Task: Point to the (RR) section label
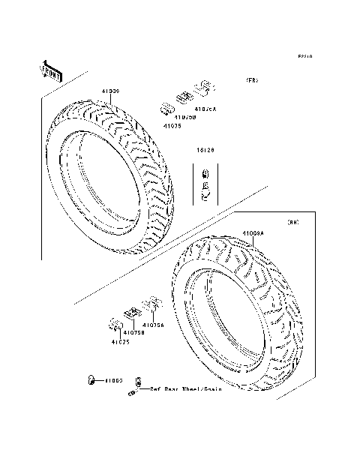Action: pyautogui.click(x=293, y=223)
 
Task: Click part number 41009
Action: pyautogui.click(x=110, y=91)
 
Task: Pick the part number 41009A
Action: pyautogui.click(x=253, y=233)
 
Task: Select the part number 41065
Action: pyautogui.click(x=113, y=381)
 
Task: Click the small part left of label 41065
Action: pyautogui.click(x=91, y=381)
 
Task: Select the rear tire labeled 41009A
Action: pyautogui.click(x=240, y=315)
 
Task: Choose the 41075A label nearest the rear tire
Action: pyautogui.click(x=153, y=325)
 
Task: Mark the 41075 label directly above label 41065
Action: pyautogui.click(x=120, y=341)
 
